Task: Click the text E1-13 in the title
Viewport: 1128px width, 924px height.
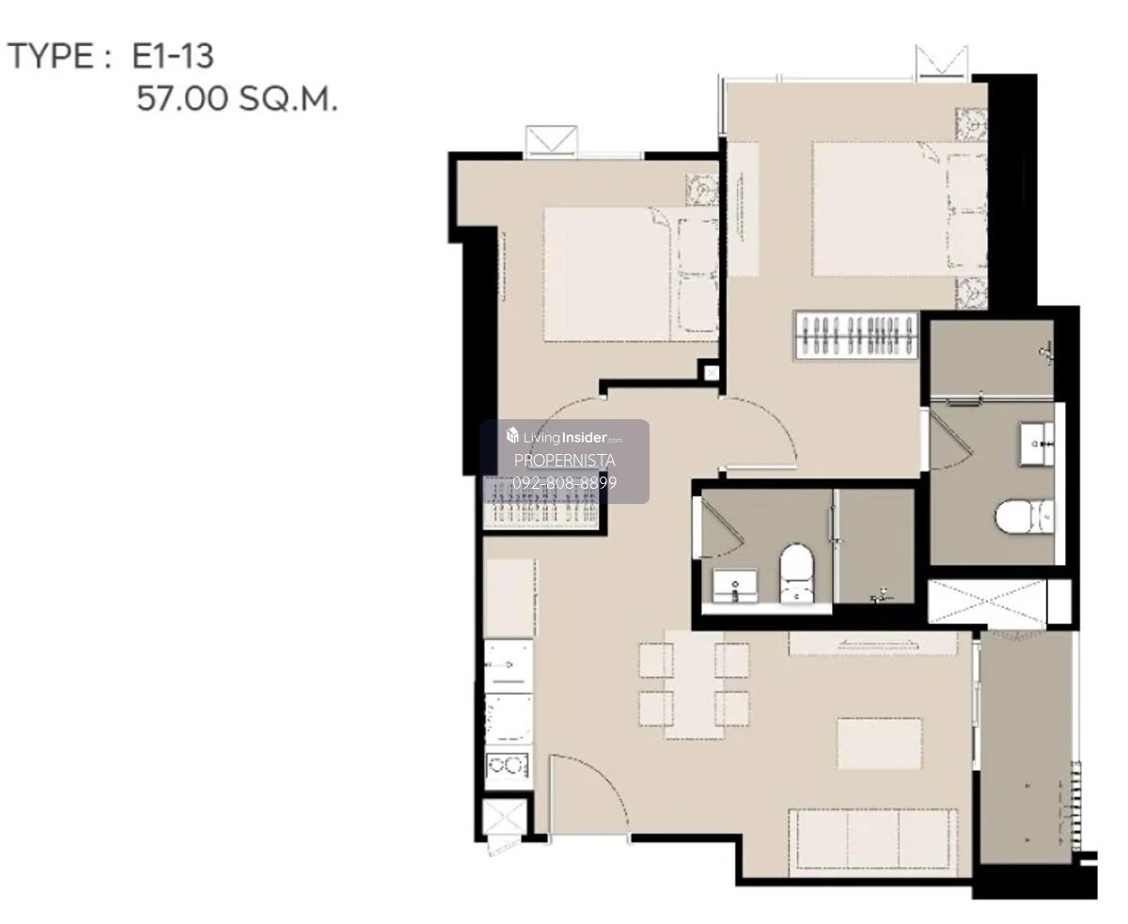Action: pos(173,56)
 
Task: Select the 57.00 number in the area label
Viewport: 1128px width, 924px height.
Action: pos(181,99)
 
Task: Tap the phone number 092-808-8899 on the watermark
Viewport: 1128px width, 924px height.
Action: pos(564,482)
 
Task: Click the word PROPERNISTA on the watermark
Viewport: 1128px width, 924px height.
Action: pos(564,460)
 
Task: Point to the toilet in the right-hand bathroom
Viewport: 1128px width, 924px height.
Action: pos(1025,517)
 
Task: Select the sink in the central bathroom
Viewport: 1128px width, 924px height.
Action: pos(735,586)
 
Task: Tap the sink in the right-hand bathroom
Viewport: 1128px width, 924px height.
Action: pos(1037,444)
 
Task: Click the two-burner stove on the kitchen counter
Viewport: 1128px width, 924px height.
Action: pos(508,765)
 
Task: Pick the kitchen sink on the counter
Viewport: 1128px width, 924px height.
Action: pos(509,666)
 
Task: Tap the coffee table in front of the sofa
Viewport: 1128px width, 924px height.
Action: pos(879,744)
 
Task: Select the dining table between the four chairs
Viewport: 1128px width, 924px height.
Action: pos(694,684)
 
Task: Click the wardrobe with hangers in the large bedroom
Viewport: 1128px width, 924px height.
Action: pos(855,335)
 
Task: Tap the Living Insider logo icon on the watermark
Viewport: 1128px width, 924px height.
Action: pos(512,436)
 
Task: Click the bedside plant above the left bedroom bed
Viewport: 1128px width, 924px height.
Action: pos(702,190)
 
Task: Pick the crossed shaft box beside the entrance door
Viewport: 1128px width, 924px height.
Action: pos(505,817)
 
